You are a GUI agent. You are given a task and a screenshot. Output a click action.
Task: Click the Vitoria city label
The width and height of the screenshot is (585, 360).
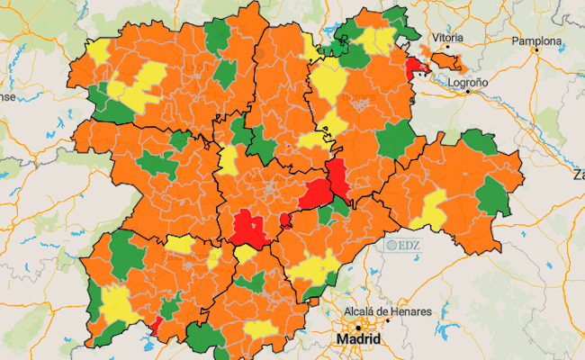(447, 38)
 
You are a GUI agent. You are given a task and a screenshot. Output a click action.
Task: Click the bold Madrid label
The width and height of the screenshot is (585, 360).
(357, 339)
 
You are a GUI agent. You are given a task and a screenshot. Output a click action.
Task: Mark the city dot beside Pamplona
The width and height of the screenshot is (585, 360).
(536, 51)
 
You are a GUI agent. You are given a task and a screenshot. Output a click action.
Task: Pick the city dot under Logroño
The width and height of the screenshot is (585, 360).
(467, 92)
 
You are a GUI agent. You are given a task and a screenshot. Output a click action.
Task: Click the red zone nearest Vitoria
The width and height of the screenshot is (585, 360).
(417, 68)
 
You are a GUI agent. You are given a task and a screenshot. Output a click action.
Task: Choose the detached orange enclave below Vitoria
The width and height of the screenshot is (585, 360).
(445, 61)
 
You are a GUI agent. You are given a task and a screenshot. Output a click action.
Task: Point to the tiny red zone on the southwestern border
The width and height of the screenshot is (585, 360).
(156, 325)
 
